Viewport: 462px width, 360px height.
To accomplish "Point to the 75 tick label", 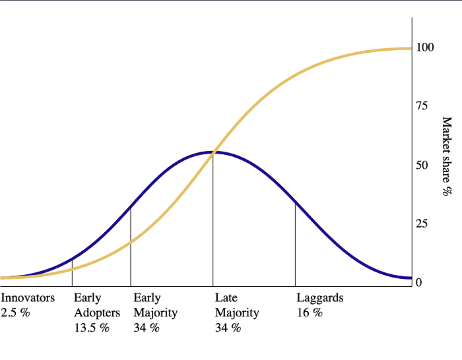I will [x=421, y=106].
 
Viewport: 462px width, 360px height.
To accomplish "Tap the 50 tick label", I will [x=421, y=165].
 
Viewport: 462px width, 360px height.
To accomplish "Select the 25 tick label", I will [x=421, y=224].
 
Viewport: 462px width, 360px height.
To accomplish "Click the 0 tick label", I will [x=418, y=282].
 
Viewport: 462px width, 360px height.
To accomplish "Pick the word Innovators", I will [x=28, y=298].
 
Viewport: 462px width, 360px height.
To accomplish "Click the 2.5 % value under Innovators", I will [x=16, y=313].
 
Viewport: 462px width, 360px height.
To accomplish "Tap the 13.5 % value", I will [x=91, y=328].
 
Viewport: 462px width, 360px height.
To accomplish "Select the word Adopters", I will [x=97, y=313].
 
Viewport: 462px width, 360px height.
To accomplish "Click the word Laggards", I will [x=320, y=298].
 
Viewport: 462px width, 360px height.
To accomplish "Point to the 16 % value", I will [x=310, y=313].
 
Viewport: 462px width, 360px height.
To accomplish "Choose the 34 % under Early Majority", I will [x=147, y=328].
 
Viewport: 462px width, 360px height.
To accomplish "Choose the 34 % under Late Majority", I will [x=228, y=328].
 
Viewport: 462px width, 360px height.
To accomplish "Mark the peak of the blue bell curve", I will [x=213, y=152].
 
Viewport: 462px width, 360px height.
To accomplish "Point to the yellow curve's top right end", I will [x=409, y=48].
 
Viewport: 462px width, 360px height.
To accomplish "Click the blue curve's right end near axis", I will [x=409, y=278].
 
